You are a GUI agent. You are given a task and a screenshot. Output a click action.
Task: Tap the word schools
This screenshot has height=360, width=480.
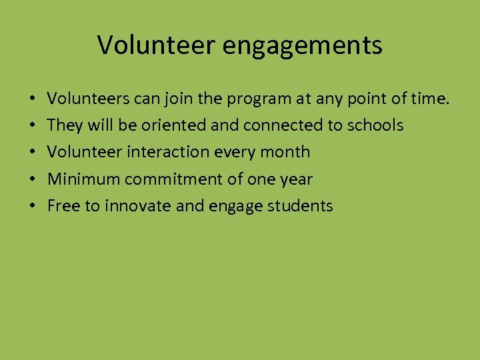376,125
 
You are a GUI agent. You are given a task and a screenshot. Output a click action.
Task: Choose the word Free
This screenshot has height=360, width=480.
64,205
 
